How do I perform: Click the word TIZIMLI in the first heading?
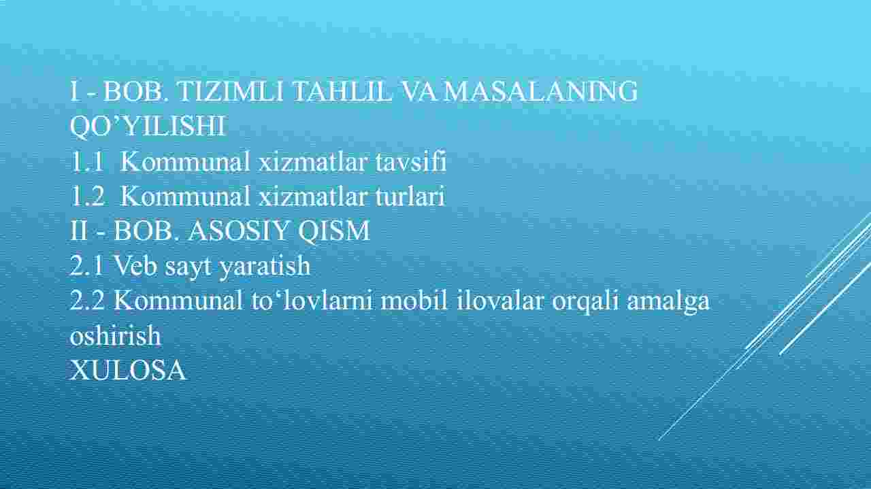(230, 91)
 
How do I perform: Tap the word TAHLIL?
(342, 91)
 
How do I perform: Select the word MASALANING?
(541, 91)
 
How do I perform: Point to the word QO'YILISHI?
(148, 126)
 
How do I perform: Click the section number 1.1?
(87, 161)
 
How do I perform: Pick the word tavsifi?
(411, 161)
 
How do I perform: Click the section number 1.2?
(88, 196)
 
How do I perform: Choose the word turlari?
(410, 196)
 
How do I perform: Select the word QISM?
(334, 231)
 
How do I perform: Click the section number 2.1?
(87, 265)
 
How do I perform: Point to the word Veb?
(135, 265)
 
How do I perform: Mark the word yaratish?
(265, 267)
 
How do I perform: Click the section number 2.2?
(88, 300)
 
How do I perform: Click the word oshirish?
(115, 335)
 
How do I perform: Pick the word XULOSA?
(128, 370)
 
